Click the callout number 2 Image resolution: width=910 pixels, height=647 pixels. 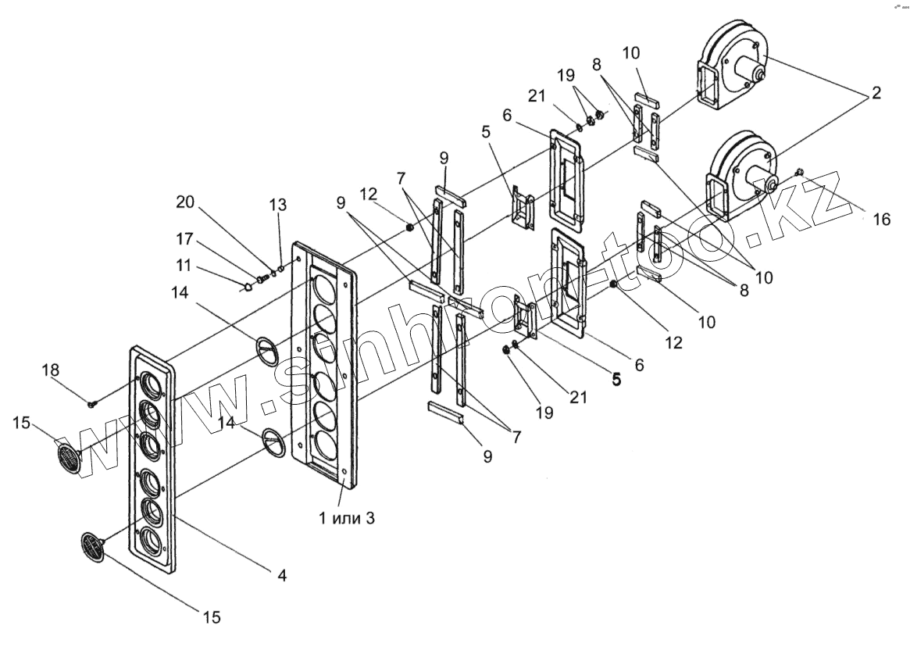876,94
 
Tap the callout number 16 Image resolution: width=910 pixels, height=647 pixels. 881,220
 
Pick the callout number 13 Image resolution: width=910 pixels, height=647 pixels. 277,205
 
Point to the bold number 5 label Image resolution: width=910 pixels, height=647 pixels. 616,380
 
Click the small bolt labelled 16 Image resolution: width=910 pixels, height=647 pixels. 799,172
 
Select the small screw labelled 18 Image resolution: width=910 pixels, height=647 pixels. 92,403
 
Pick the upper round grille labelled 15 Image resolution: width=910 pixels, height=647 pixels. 68,457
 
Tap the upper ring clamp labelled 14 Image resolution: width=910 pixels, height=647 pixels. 266,347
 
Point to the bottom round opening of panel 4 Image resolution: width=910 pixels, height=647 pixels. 150,539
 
